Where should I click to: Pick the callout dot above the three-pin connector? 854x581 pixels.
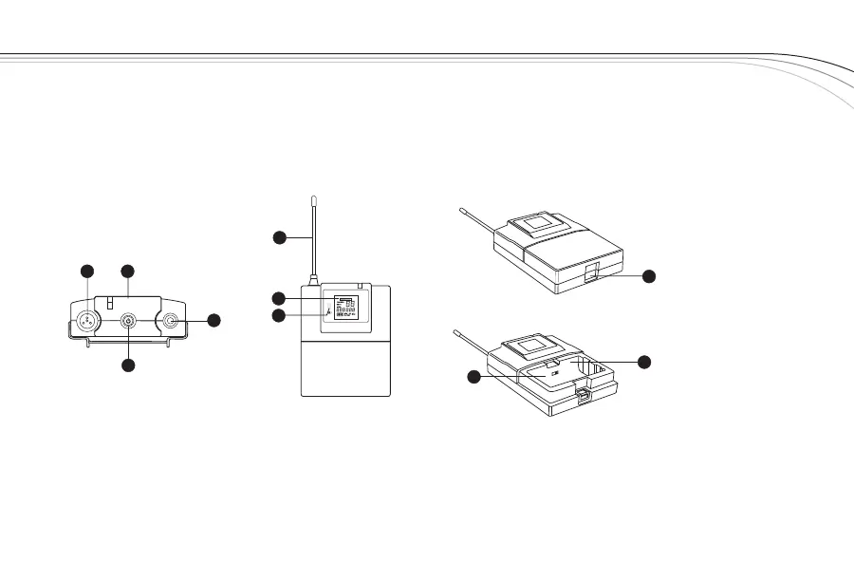86,272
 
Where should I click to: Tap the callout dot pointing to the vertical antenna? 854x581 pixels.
280,237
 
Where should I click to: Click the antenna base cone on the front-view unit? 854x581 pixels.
312,277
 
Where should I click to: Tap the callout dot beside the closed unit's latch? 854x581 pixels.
649,276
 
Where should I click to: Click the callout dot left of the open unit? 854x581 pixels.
473,379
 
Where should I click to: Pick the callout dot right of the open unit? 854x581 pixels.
644,362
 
